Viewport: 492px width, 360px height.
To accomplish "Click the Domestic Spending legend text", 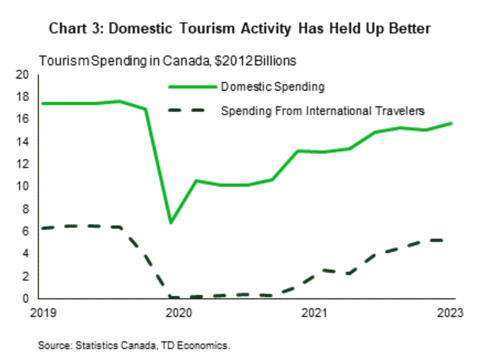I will click(273, 87).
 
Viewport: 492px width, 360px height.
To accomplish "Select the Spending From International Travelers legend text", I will click(323, 112).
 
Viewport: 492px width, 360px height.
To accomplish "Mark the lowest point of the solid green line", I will click(171, 223).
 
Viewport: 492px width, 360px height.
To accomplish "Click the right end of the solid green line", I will click(451, 124).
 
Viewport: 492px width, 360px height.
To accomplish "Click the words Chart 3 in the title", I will click(77, 29).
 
